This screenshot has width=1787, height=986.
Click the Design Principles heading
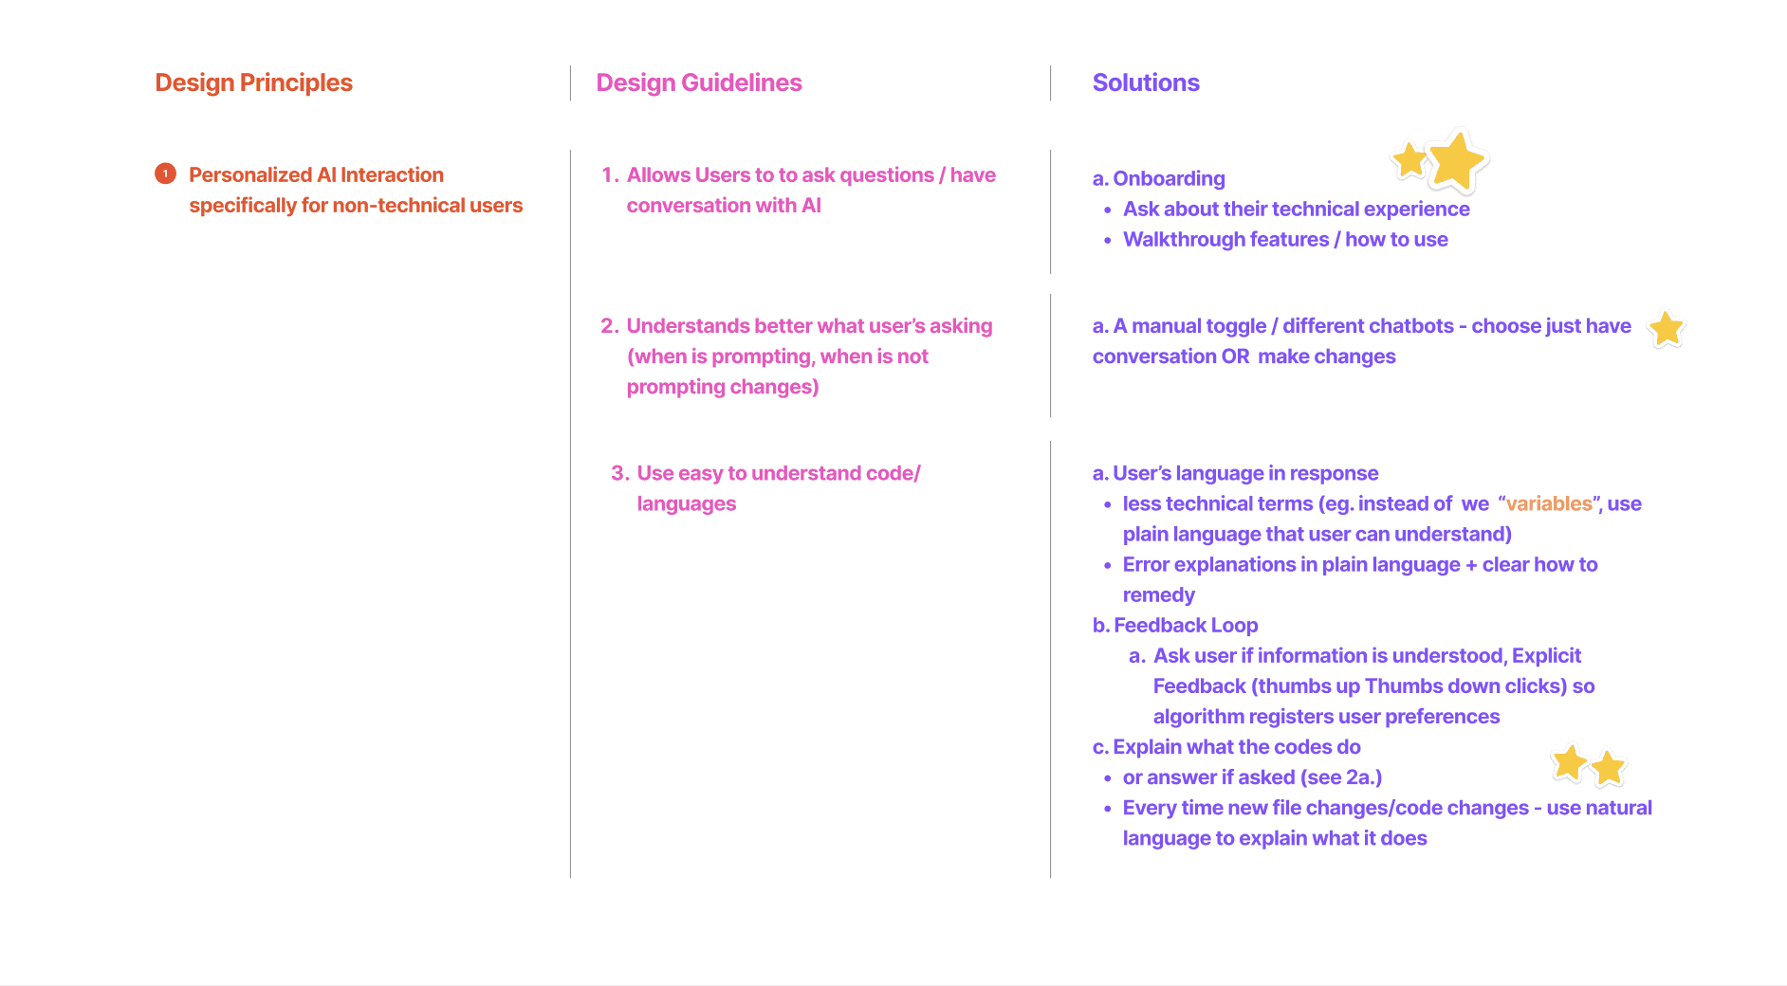(253, 82)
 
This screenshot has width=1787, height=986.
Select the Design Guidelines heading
(698, 82)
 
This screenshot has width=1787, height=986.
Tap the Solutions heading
(1145, 82)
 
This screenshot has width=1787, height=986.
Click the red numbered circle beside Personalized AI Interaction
(165, 173)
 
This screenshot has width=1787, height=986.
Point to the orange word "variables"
(1549, 503)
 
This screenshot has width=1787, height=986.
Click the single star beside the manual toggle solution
(1666, 329)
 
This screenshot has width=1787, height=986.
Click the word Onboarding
(1169, 178)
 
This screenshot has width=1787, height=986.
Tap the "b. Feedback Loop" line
(1175, 625)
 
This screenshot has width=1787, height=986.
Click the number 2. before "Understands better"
(609, 326)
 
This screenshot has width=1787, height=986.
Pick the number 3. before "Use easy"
(619, 473)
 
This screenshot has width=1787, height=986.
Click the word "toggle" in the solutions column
(1235, 326)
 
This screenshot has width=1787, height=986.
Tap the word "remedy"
(1158, 594)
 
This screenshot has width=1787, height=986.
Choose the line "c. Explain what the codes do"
(1226, 747)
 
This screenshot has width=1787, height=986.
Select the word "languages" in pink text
(686, 503)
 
